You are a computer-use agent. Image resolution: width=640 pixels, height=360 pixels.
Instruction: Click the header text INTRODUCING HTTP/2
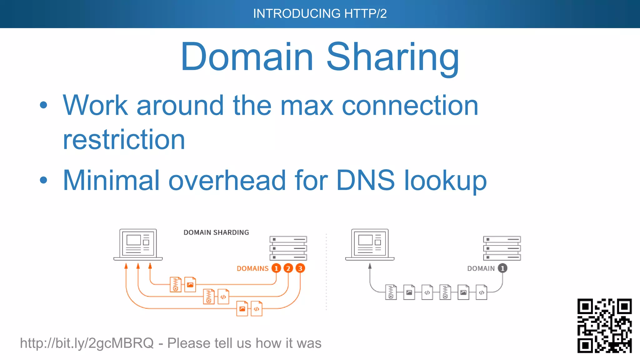coord(320,14)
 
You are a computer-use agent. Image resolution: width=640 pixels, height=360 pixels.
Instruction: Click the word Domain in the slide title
coord(247,57)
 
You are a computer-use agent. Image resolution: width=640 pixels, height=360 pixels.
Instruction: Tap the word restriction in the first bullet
coord(124,139)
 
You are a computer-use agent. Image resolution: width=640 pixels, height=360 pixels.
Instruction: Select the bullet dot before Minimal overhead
coord(43,180)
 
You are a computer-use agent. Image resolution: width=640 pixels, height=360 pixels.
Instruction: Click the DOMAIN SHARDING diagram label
coord(216,232)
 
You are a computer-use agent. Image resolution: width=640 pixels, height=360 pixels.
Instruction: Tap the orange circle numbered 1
coord(276,268)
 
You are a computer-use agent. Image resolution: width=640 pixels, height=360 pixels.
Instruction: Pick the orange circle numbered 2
coord(288,268)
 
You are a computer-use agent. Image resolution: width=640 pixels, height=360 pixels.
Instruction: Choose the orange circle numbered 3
coord(300,268)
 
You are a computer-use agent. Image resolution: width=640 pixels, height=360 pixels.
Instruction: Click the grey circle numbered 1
coord(502,268)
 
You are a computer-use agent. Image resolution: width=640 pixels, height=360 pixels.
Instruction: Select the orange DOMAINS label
coord(252,268)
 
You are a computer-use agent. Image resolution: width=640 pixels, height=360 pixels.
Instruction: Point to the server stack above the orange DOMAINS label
coord(288,248)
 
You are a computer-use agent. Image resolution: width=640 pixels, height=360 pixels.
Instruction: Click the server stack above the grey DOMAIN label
coord(502,248)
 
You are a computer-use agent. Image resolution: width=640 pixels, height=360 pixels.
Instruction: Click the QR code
coord(604,326)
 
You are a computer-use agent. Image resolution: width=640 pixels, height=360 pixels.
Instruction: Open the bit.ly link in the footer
coord(87,343)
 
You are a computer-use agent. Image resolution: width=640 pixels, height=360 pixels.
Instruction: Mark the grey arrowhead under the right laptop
coord(370,266)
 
